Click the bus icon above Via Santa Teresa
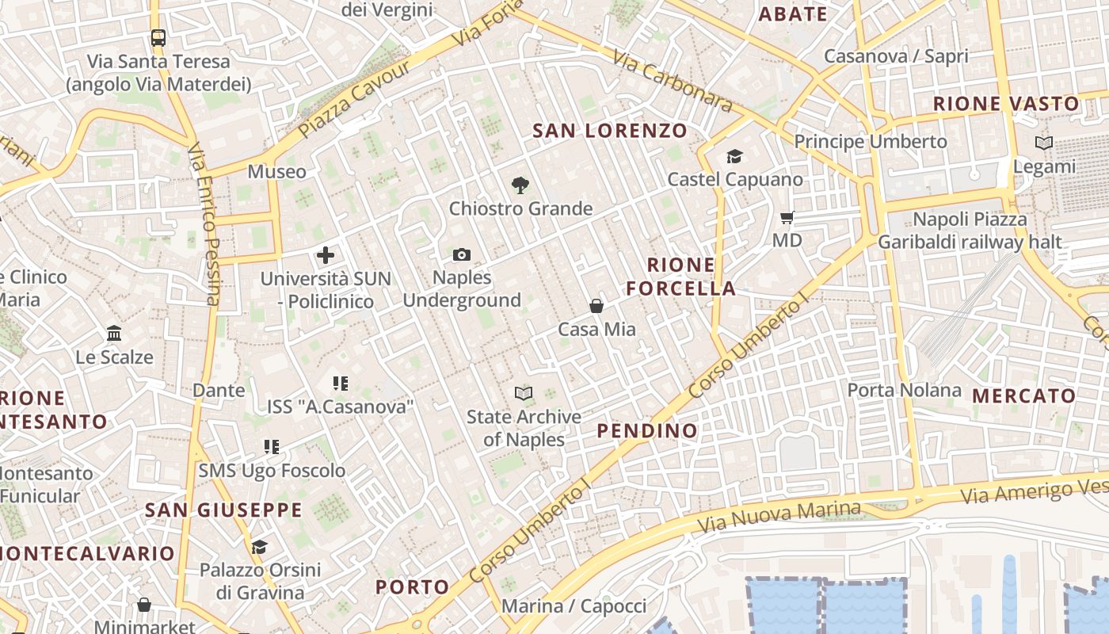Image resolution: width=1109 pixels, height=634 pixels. click(158, 37)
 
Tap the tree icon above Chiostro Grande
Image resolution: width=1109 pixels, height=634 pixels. click(520, 185)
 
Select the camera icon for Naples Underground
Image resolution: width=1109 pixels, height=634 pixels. click(462, 254)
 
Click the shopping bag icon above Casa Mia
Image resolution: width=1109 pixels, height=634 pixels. click(596, 306)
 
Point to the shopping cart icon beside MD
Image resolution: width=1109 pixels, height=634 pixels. click(787, 217)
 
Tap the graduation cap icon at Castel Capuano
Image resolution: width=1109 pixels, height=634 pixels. click(734, 157)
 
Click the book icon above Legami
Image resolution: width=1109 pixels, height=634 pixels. click(1044, 143)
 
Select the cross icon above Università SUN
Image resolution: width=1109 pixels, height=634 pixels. click(326, 255)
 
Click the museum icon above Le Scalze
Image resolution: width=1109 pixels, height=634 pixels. click(114, 334)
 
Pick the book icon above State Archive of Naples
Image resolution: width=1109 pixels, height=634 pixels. click(523, 393)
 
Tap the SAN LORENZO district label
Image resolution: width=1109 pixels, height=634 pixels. click(610, 131)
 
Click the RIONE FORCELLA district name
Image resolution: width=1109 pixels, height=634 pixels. click(681, 277)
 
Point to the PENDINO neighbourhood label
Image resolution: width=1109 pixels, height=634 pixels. click(647, 431)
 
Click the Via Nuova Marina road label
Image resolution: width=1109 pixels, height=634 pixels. click(779, 517)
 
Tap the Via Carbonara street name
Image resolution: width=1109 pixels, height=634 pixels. click(673, 81)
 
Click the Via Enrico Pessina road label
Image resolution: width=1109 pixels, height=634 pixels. click(204, 223)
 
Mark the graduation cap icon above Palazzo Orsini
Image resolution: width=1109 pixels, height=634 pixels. click(259, 547)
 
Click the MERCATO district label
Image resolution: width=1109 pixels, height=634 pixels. click(1023, 395)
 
